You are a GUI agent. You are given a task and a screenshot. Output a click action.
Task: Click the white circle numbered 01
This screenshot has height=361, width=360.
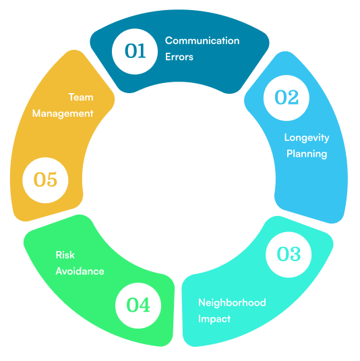tap(135, 51)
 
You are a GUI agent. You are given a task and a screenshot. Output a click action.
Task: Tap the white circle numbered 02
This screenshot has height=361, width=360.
tap(287, 98)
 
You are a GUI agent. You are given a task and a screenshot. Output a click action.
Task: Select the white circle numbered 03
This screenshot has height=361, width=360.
tap(289, 254)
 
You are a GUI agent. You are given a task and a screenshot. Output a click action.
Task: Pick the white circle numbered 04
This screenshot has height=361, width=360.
tap(138, 306)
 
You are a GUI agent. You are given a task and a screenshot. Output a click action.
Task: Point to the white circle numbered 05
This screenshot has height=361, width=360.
tap(45, 180)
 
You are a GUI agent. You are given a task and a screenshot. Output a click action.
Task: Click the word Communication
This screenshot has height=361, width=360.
tap(202, 40)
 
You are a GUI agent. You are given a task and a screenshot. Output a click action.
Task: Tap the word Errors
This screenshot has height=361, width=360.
tap(179, 57)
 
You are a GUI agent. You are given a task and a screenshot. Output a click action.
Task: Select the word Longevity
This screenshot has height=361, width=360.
tap(307, 138)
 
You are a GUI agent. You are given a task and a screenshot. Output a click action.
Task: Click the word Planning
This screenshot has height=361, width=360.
tap(307, 154)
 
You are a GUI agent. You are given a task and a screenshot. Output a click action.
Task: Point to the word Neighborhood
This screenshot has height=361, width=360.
tap(232, 302)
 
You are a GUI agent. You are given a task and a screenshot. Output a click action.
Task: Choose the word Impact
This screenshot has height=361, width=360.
tap(214, 319)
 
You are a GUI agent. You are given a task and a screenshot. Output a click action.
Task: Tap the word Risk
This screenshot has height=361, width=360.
tap(65, 255)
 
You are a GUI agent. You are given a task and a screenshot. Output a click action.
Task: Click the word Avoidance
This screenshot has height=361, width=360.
tap(80, 271)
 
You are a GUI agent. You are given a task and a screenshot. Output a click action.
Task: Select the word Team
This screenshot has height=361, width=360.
tap(81, 97)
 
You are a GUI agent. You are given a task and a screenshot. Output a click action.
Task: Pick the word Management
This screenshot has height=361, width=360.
tap(63, 114)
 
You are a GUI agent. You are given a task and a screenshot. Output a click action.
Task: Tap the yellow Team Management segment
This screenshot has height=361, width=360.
tap(53, 138)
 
